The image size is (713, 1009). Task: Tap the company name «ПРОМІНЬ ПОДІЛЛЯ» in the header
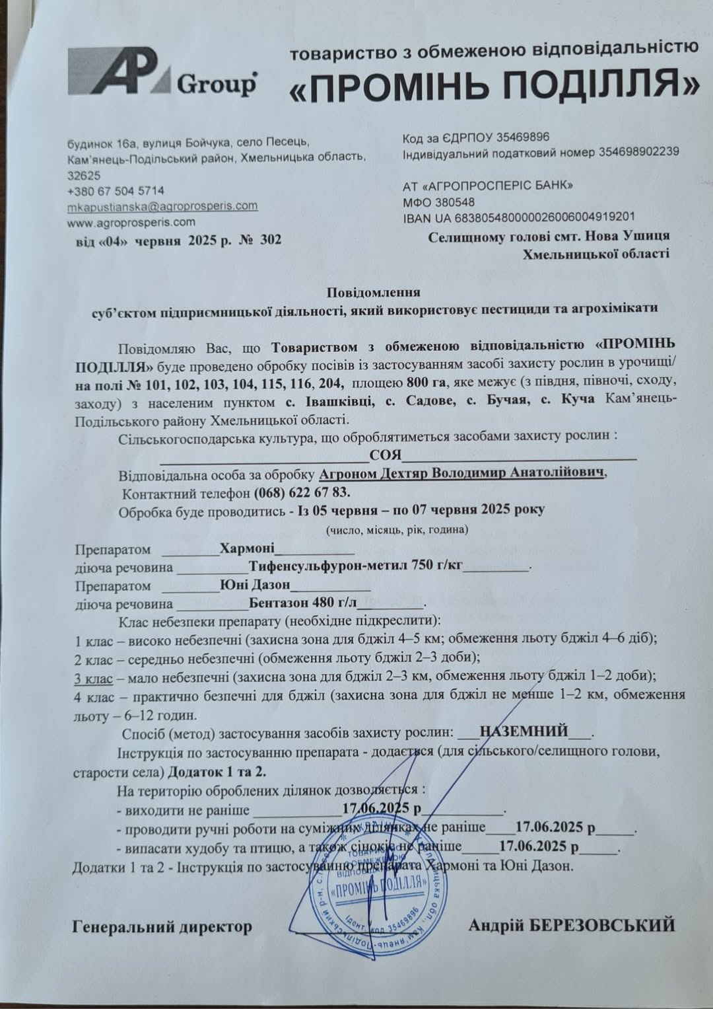click(x=493, y=85)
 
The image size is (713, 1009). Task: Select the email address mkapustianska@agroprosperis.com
click(x=162, y=206)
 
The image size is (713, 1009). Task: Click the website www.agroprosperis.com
click(x=131, y=222)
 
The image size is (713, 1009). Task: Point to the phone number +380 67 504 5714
click(x=116, y=191)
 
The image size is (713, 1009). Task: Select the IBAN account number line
click(x=518, y=217)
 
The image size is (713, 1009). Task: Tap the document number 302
click(x=270, y=239)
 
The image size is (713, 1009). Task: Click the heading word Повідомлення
click(x=374, y=291)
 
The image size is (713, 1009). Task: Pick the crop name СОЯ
click(x=386, y=454)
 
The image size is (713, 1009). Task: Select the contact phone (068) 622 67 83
click(x=302, y=493)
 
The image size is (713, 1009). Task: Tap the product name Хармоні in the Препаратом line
click(x=247, y=548)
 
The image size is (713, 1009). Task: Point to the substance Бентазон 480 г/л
click(x=303, y=603)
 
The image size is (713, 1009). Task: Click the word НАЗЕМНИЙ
click(x=524, y=731)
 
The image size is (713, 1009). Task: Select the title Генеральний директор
click(x=162, y=927)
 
